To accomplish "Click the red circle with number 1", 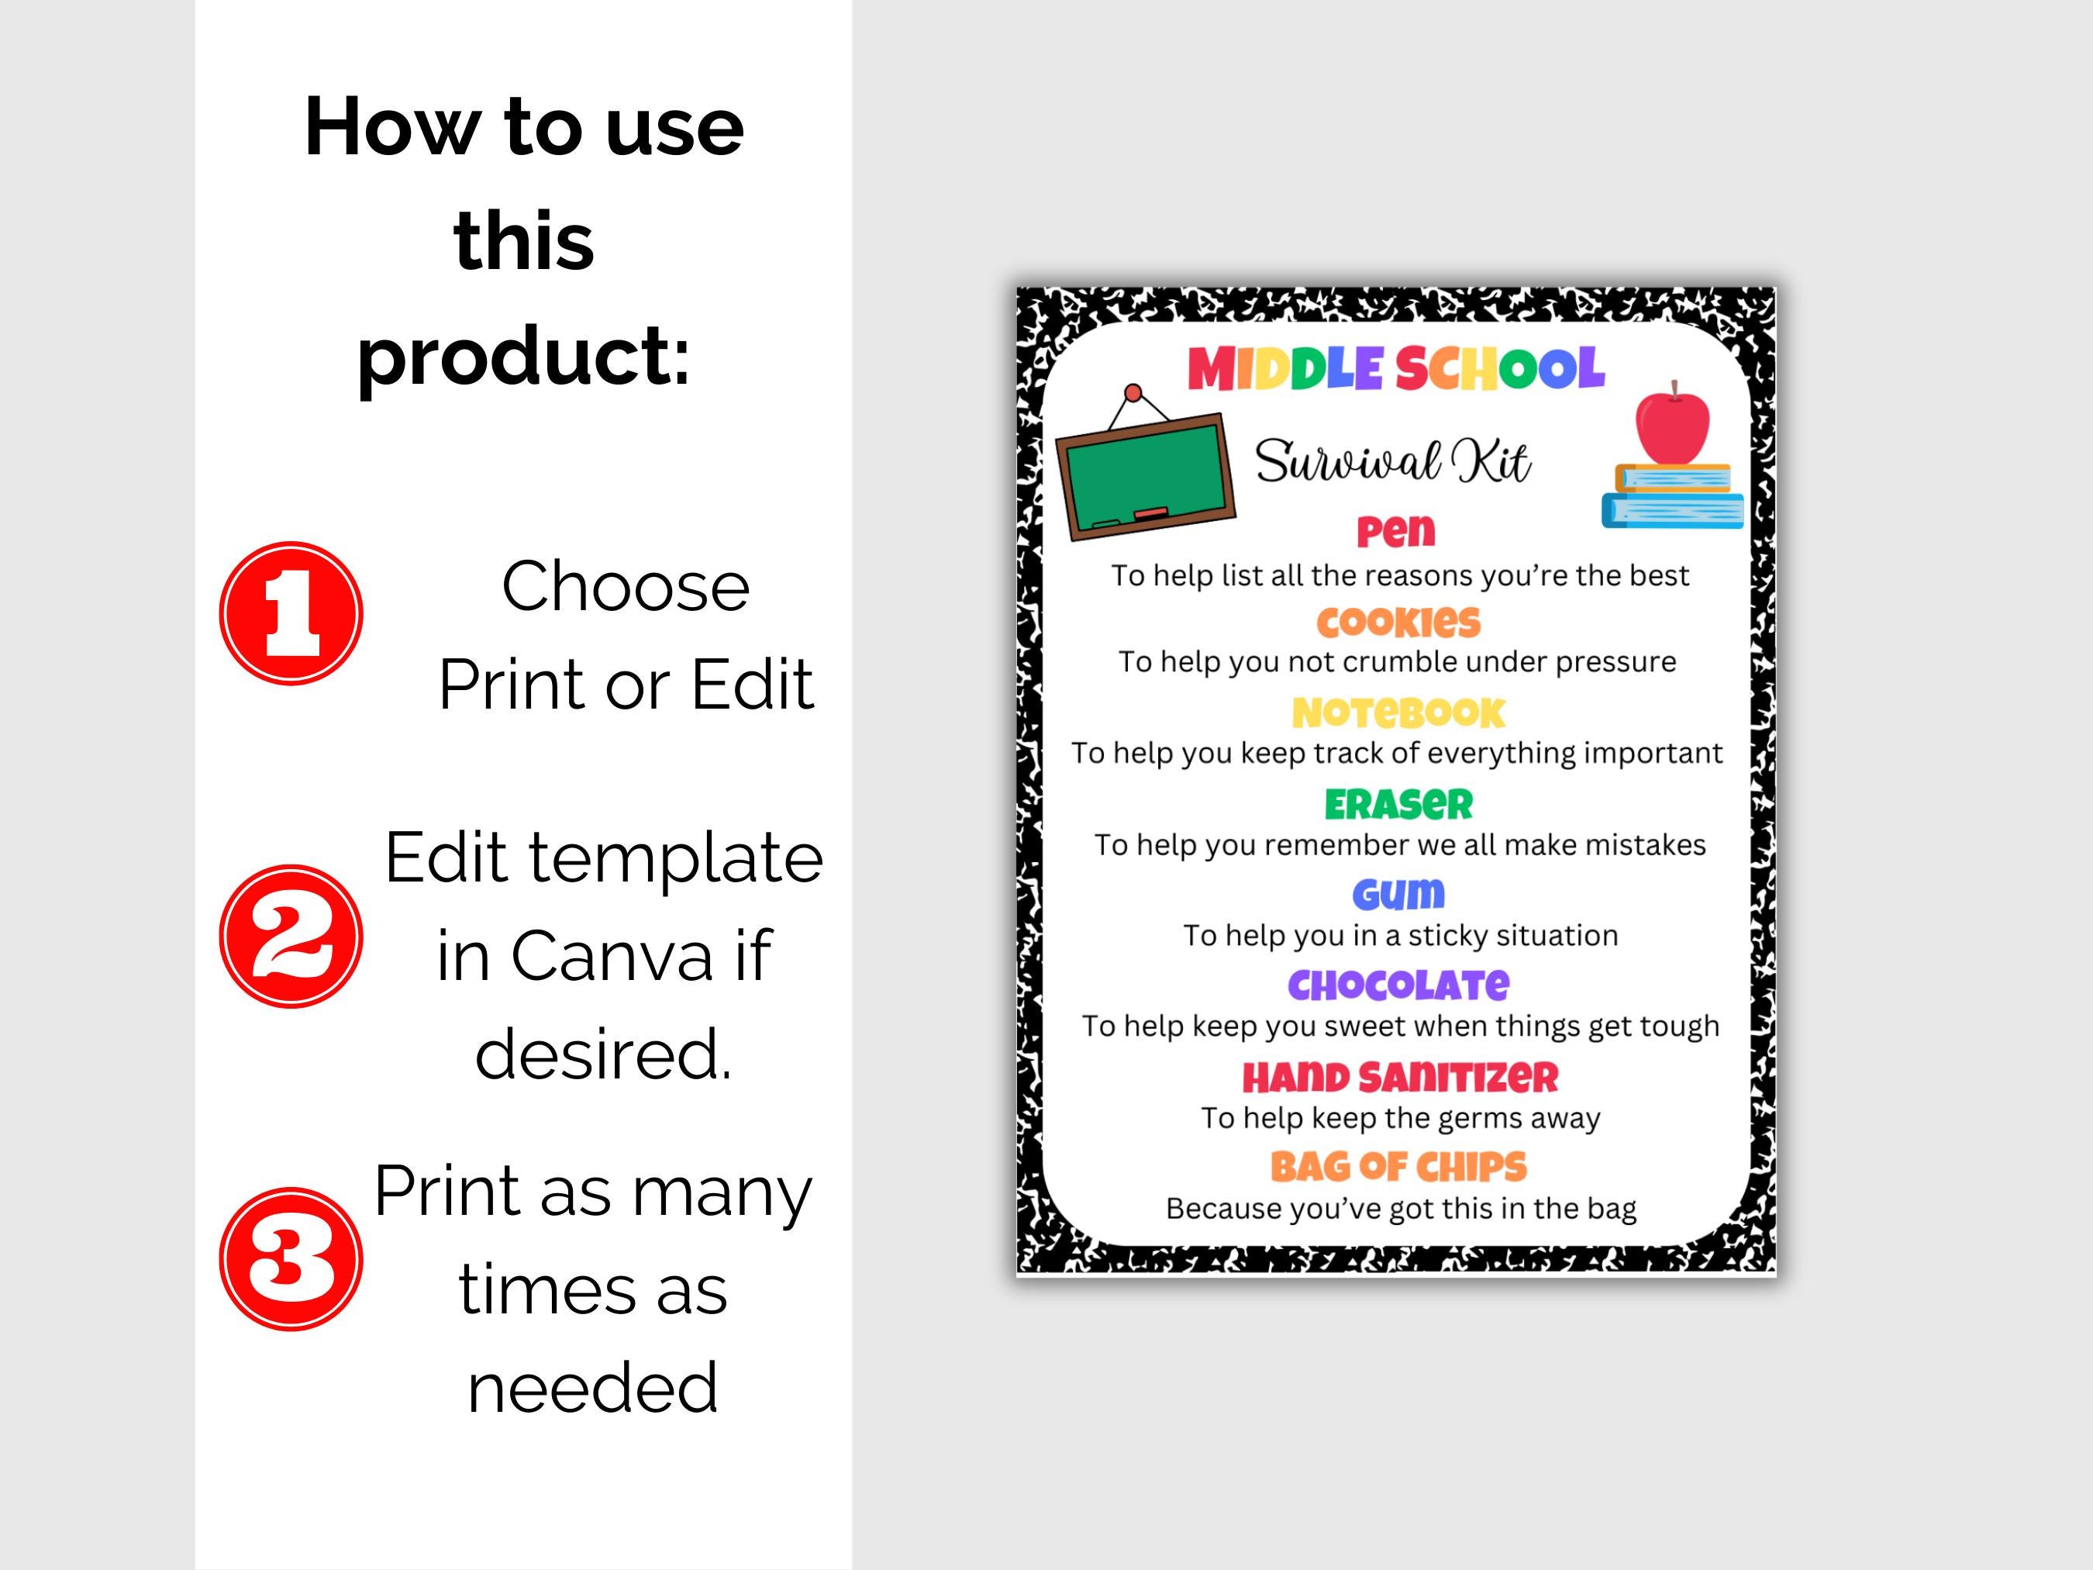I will pos(291,613).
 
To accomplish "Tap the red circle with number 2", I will pos(291,936).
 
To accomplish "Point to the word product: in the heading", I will pos(523,355).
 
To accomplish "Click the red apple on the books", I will pos(1672,426).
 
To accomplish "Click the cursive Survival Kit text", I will pos(1392,463).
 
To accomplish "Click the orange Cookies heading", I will pos(1398,622).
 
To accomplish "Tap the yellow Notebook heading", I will pos(1398,713).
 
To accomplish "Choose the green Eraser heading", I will pos(1398,805).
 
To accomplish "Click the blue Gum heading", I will pos(1398,894).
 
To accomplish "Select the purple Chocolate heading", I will pos(1398,985).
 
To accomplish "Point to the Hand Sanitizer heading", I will pos(1399,1077).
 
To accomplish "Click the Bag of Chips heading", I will pos(1398,1167).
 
